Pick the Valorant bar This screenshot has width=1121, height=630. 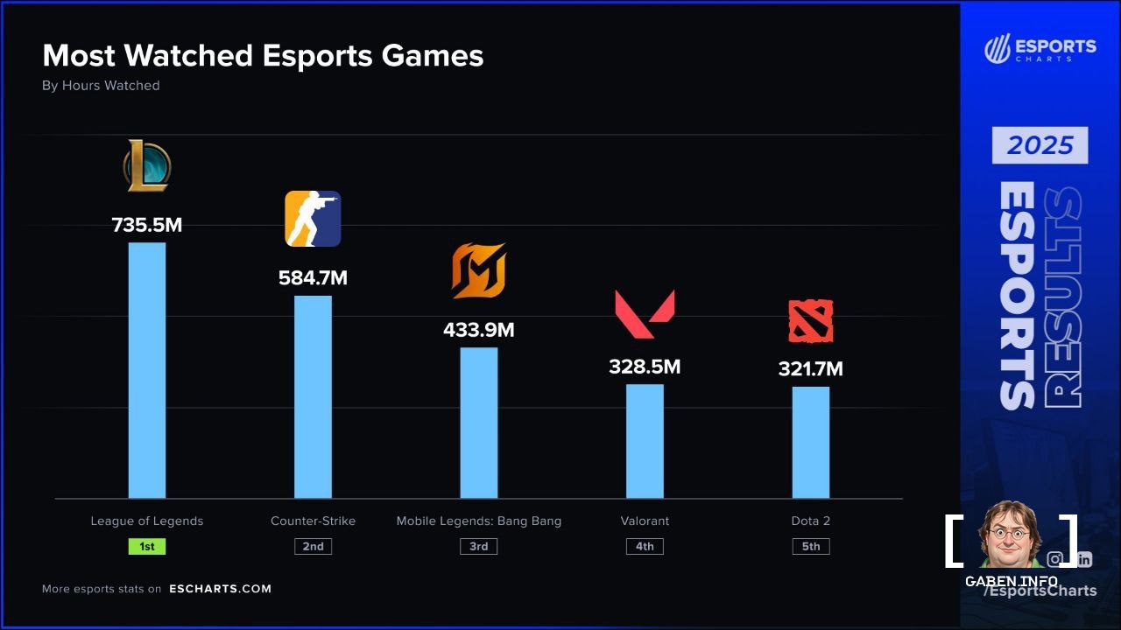645,441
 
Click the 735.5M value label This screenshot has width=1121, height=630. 147,225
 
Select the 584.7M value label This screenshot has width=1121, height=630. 313,278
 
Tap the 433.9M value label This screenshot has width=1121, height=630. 479,331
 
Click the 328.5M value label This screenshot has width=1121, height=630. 645,367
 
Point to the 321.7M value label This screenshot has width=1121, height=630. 811,369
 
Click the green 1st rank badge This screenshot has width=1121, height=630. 147,546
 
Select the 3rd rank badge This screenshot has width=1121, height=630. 479,546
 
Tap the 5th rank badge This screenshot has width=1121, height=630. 811,546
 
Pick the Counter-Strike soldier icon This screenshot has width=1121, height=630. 313,219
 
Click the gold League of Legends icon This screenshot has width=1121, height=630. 147,166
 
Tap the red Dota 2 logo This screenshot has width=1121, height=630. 811,321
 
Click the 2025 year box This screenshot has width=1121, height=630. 1040,145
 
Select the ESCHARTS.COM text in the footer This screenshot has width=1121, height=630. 221,589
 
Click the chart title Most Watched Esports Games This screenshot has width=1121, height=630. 263,56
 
